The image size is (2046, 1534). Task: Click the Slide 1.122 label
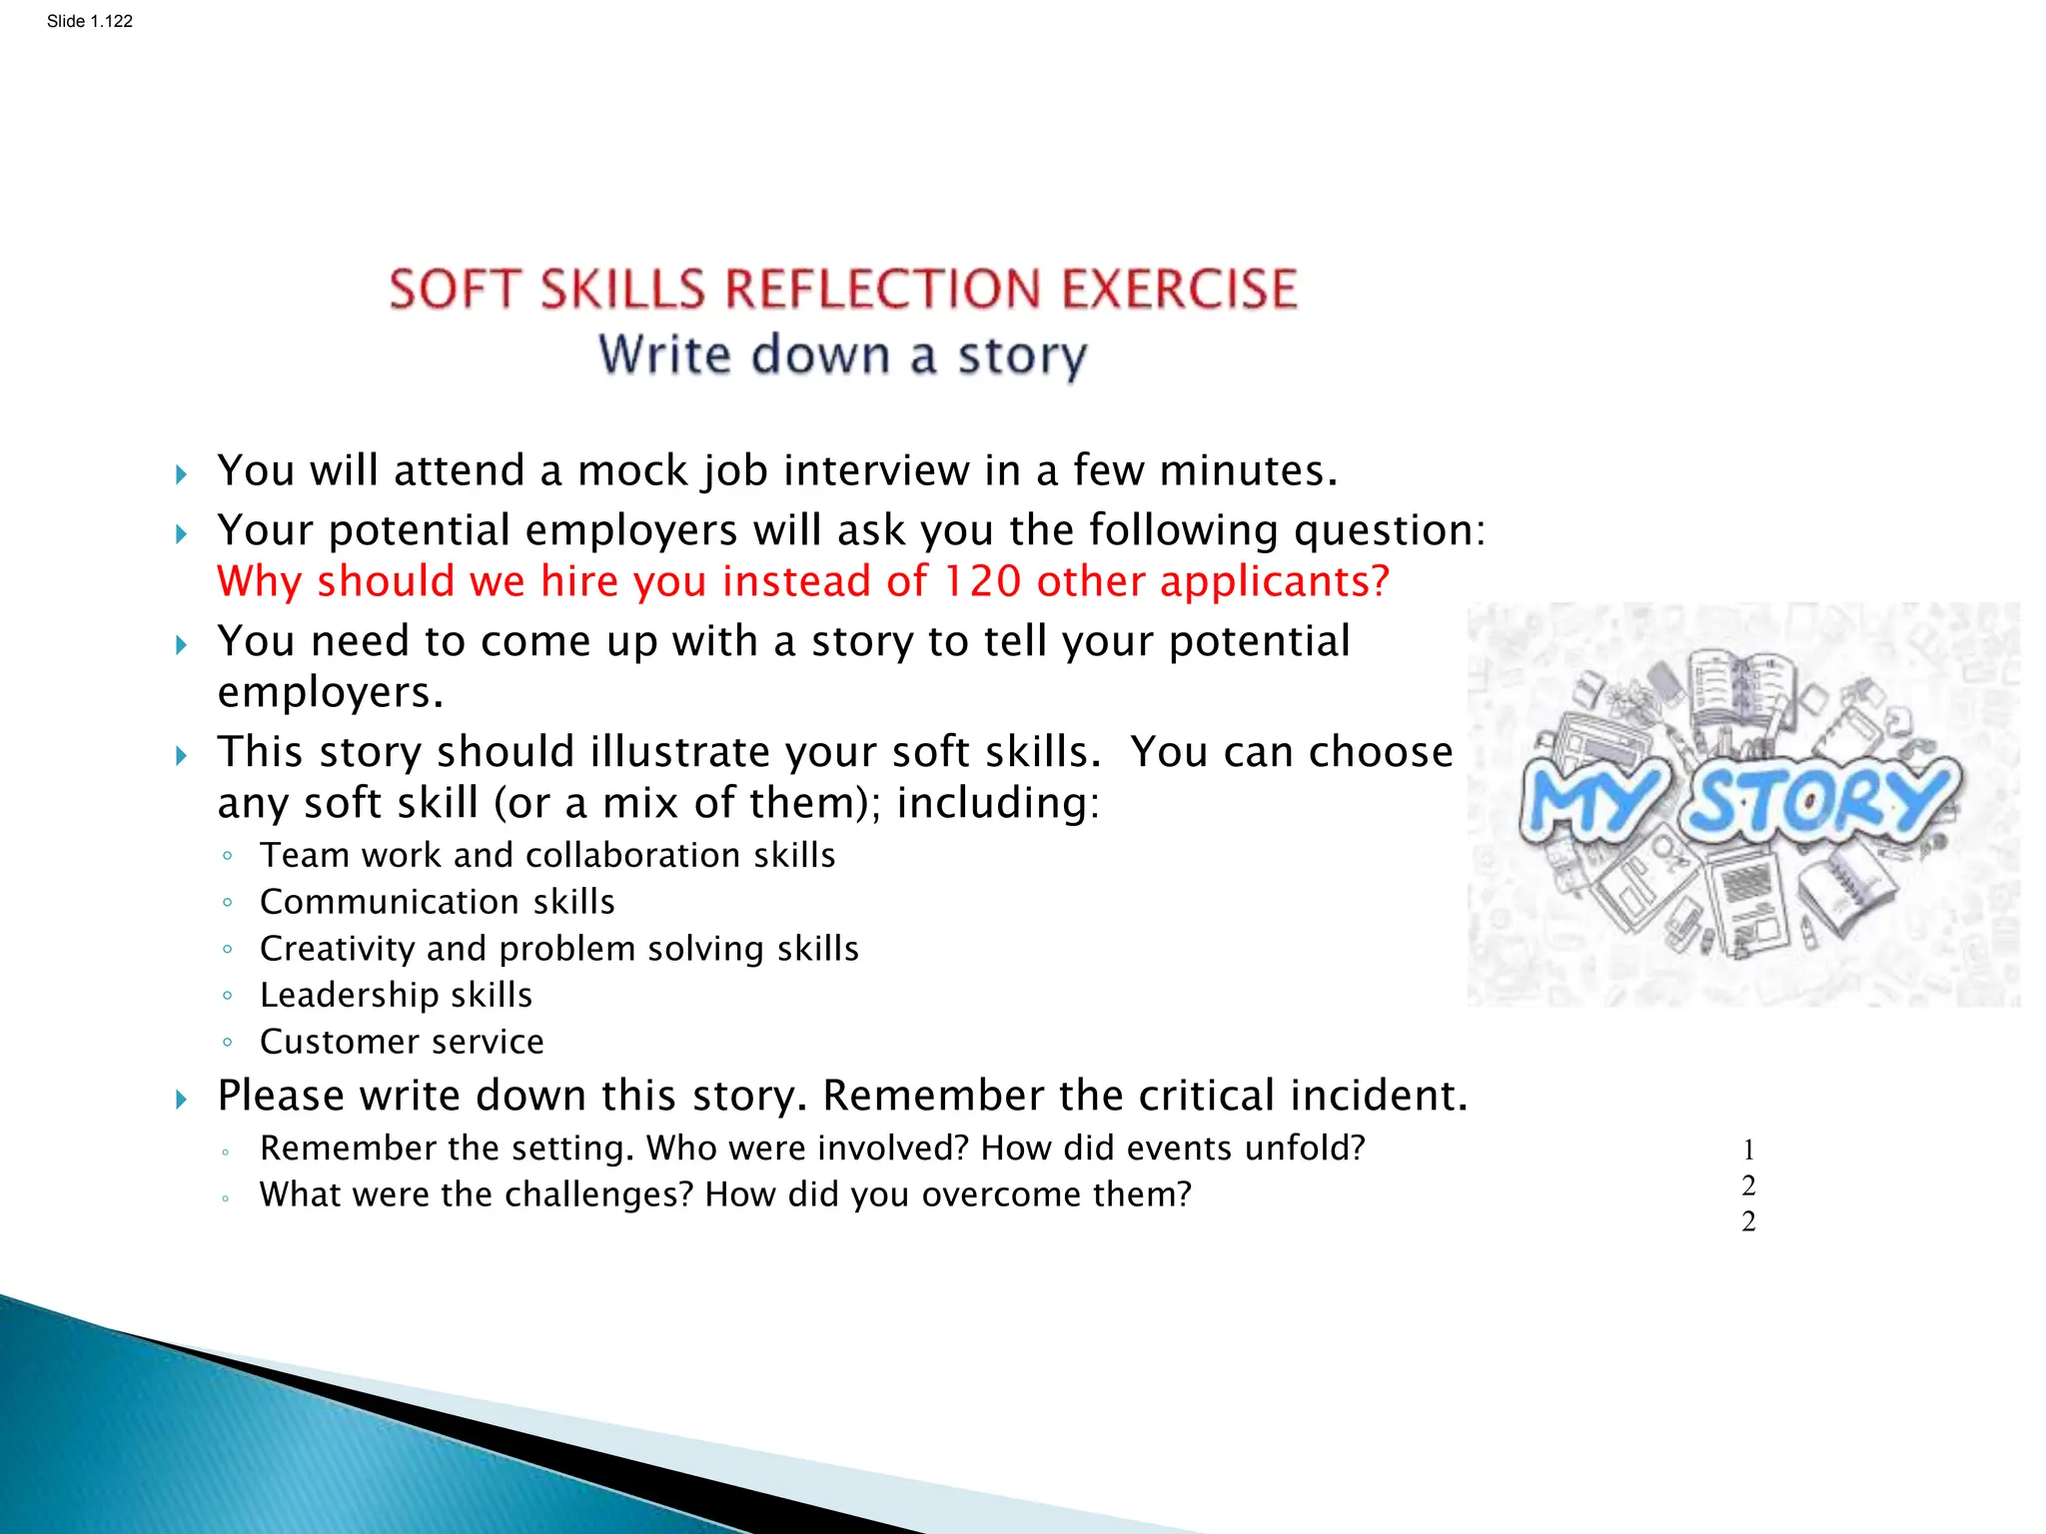click(x=89, y=21)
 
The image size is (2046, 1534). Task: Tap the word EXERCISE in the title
click(x=1179, y=290)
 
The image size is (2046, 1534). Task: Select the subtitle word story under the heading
click(x=1022, y=357)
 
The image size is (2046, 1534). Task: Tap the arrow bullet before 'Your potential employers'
click(x=181, y=534)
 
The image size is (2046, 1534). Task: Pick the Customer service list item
click(x=402, y=1042)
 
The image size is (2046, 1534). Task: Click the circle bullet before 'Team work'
click(x=228, y=856)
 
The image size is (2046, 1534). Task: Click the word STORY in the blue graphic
click(x=1818, y=799)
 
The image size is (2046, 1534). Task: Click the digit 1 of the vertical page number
click(x=1748, y=1150)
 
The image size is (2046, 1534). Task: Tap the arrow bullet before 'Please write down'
click(x=181, y=1100)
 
